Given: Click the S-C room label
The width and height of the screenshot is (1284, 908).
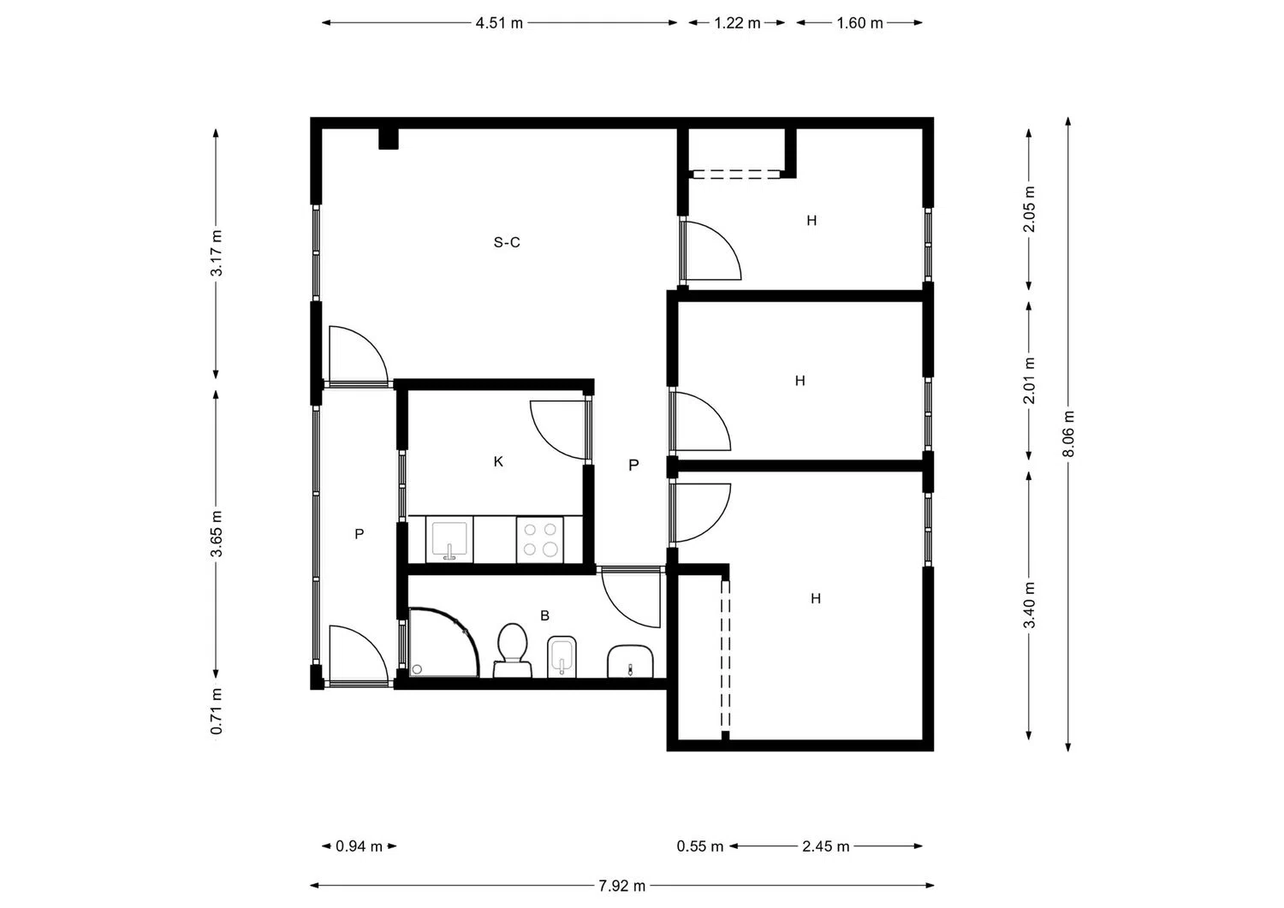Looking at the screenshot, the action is [507, 242].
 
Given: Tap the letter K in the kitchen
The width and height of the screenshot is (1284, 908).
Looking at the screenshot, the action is [498, 461].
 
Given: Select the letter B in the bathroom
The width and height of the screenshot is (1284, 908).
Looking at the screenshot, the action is [544, 615].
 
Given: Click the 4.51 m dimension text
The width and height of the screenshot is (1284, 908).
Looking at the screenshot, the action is [499, 23].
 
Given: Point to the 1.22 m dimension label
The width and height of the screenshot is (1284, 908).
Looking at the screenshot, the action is [737, 23].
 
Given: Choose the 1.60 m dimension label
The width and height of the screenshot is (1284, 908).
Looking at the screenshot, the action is [859, 23].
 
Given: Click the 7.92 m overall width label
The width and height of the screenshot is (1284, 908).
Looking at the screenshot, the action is [622, 886].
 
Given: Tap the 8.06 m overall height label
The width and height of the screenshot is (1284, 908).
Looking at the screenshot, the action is [1068, 434].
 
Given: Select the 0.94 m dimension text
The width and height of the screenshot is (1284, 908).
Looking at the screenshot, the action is [359, 846].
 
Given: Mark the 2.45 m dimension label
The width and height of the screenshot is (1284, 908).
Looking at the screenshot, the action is [825, 846].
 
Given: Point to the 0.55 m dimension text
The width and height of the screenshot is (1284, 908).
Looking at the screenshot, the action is [700, 846].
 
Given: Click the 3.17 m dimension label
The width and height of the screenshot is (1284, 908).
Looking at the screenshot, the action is [216, 252].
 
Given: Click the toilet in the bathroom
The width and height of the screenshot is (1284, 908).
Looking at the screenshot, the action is [513, 650].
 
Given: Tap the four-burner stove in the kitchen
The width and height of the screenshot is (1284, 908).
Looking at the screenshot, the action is [540, 539].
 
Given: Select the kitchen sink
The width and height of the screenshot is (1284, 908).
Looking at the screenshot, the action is [449, 539].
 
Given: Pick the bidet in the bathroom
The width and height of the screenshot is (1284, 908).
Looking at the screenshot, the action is [562, 656].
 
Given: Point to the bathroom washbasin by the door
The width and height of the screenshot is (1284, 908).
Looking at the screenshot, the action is [631, 662].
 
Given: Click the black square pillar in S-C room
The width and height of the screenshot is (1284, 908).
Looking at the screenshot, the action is [389, 139].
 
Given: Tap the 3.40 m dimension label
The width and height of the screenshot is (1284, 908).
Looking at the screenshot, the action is [1030, 605].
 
